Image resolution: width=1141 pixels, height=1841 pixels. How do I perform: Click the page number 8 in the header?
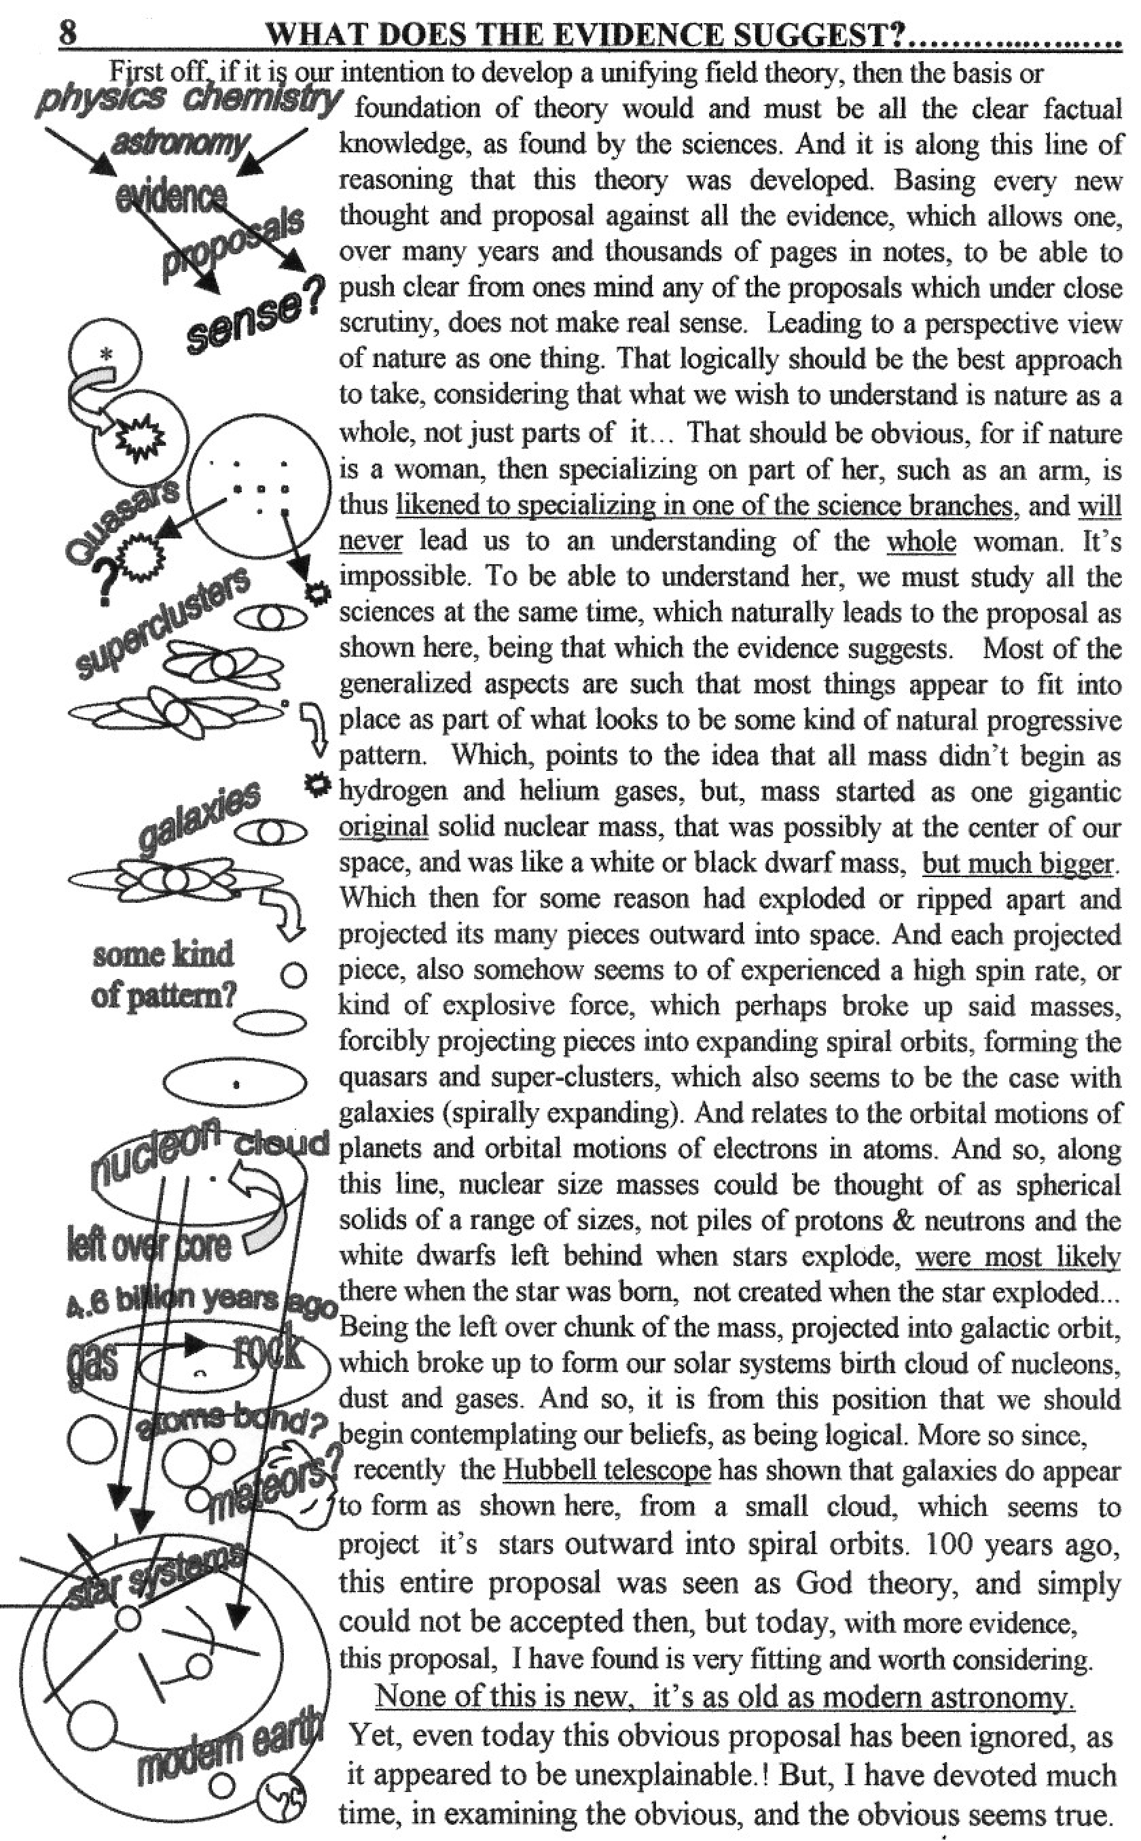point(68,35)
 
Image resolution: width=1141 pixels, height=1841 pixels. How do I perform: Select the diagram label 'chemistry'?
point(262,101)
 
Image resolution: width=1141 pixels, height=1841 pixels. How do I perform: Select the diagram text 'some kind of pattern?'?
point(163,975)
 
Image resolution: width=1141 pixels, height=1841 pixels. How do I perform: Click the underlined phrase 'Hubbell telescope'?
point(606,1470)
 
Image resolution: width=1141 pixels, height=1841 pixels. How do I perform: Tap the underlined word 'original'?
point(383,827)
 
